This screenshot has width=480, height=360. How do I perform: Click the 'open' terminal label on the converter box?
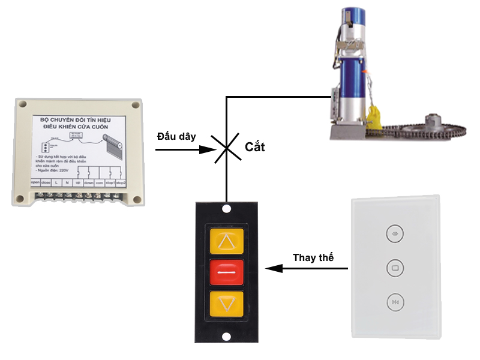click(x=35, y=182)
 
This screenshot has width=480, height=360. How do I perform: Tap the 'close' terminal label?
click(x=46, y=182)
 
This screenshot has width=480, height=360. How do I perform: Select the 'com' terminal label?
click(x=100, y=182)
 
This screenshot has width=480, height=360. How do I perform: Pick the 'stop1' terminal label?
click(x=110, y=182)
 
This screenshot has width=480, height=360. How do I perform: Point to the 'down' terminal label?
click(x=88, y=182)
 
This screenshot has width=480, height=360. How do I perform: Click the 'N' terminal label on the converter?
click(x=67, y=182)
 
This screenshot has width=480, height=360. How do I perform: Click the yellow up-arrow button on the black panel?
click(x=226, y=241)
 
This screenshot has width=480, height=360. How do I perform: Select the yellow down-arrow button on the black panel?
click(x=226, y=304)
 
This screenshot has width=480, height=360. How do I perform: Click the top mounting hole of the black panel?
click(x=226, y=209)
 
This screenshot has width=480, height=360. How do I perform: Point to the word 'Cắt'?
click(x=255, y=146)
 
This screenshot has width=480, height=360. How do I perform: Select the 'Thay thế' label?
click(x=313, y=257)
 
